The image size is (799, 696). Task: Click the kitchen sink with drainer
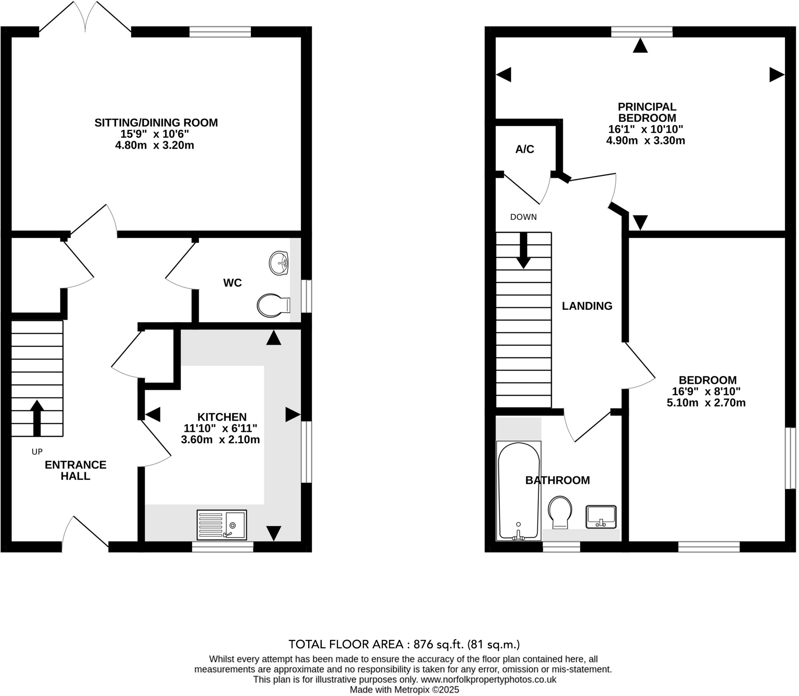point(222,525)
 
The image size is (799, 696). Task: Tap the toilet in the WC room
point(273,305)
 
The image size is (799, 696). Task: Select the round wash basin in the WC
point(279,263)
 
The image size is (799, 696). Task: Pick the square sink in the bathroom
point(601,517)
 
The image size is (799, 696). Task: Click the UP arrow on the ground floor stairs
point(37,417)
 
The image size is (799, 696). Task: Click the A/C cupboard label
point(524,149)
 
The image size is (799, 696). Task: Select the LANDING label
point(587,306)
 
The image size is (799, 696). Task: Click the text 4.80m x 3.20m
point(154,146)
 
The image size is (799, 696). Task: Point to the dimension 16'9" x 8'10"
point(706,391)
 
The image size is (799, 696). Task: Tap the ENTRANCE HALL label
point(76,470)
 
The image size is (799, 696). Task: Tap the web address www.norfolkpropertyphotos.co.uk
point(488,679)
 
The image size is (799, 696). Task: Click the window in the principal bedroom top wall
point(641,32)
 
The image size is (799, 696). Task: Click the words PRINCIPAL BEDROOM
point(647,112)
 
